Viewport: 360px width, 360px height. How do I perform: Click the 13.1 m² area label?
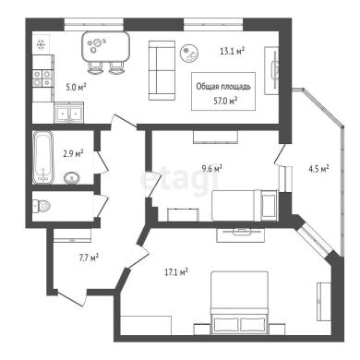(x=233, y=51)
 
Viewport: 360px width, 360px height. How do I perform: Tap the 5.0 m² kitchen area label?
(x=76, y=87)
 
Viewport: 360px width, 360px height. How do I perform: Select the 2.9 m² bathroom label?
(x=73, y=153)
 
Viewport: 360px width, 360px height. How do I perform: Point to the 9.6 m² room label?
(x=212, y=168)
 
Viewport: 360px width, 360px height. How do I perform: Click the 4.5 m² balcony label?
(x=318, y=169)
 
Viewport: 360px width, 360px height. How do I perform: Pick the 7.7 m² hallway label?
(x=89, y=258)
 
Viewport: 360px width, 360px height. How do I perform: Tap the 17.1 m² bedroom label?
(x=176, y=272)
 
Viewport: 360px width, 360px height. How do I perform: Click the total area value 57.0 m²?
(x=225, y=101)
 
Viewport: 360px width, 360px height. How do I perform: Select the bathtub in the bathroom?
(x=42, y=157)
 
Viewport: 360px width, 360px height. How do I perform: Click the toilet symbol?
(x=41, y=205)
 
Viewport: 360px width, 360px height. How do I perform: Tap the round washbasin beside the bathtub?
(x=72, y=178)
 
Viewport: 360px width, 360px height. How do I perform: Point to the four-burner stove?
(x=42, y=78)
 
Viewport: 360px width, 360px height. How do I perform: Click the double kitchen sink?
(x=68, y=113)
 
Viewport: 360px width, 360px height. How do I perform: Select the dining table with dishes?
(x=106, y=46)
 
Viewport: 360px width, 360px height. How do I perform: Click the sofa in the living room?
(x=162, y=70)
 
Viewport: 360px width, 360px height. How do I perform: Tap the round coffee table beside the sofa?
(x=189, y=54)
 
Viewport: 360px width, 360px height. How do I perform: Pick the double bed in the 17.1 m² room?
(x=239, y=303)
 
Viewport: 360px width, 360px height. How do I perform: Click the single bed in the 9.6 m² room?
(x=245, y=206)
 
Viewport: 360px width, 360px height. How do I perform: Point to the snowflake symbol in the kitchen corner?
(x=41, y=45)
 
